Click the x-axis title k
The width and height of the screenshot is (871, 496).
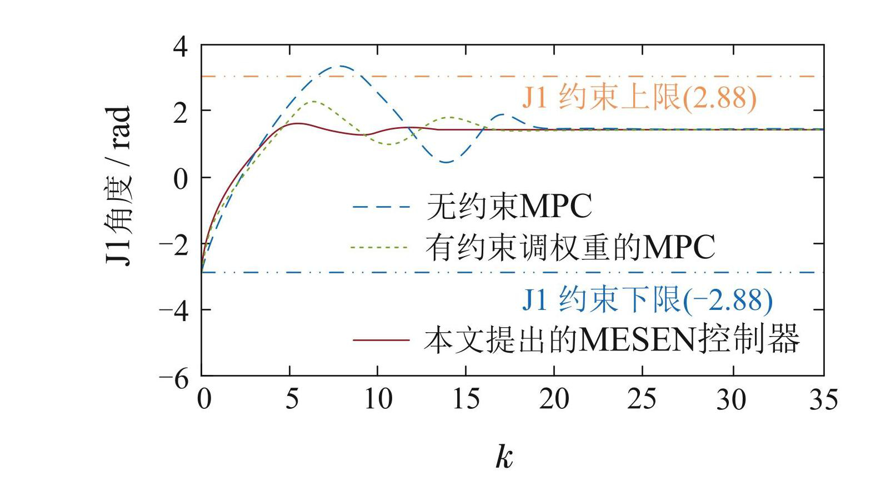click(x=504, y=457)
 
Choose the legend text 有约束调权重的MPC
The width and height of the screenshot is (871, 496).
click(x=570, y=248)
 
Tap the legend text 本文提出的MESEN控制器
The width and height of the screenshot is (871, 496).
click(x=612, y=339)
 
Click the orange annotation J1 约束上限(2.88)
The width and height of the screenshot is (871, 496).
click(x=639, y=98)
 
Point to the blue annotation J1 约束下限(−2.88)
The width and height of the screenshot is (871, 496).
click(x=647, y=300)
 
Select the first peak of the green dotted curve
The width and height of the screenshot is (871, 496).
click(x=314, y=101)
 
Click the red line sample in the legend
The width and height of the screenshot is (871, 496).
click(x=381, y=339)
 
